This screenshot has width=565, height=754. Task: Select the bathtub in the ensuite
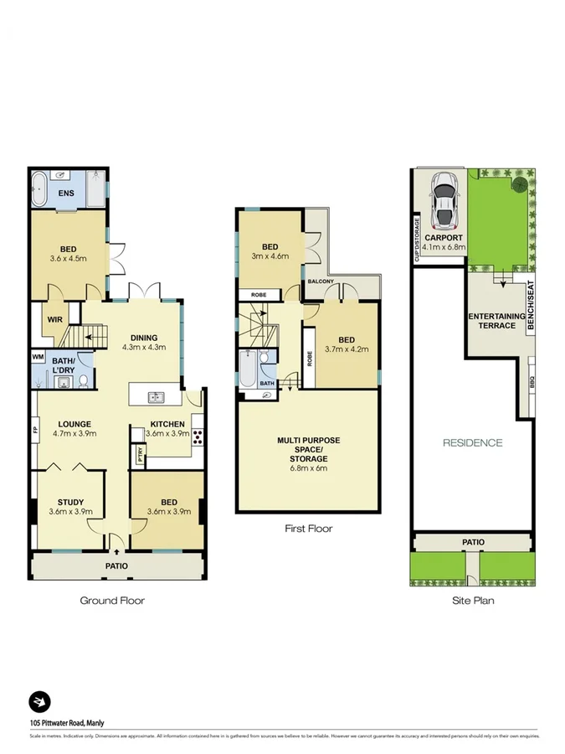pos(39,189)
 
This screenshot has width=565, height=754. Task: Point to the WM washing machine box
pos(37,356)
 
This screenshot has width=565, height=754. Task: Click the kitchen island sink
pos(155,396)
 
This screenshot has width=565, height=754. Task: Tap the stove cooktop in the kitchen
pos(198,435)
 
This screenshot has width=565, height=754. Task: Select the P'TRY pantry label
pos(139,455)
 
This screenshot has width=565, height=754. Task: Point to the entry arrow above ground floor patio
pos(116,550)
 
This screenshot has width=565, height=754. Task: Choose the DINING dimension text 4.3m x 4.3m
pos(144,347)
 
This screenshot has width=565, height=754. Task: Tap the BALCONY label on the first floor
pos(321,281)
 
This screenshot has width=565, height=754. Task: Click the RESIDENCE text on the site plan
pos(472,443)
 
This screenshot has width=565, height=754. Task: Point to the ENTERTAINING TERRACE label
pos(496,320)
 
